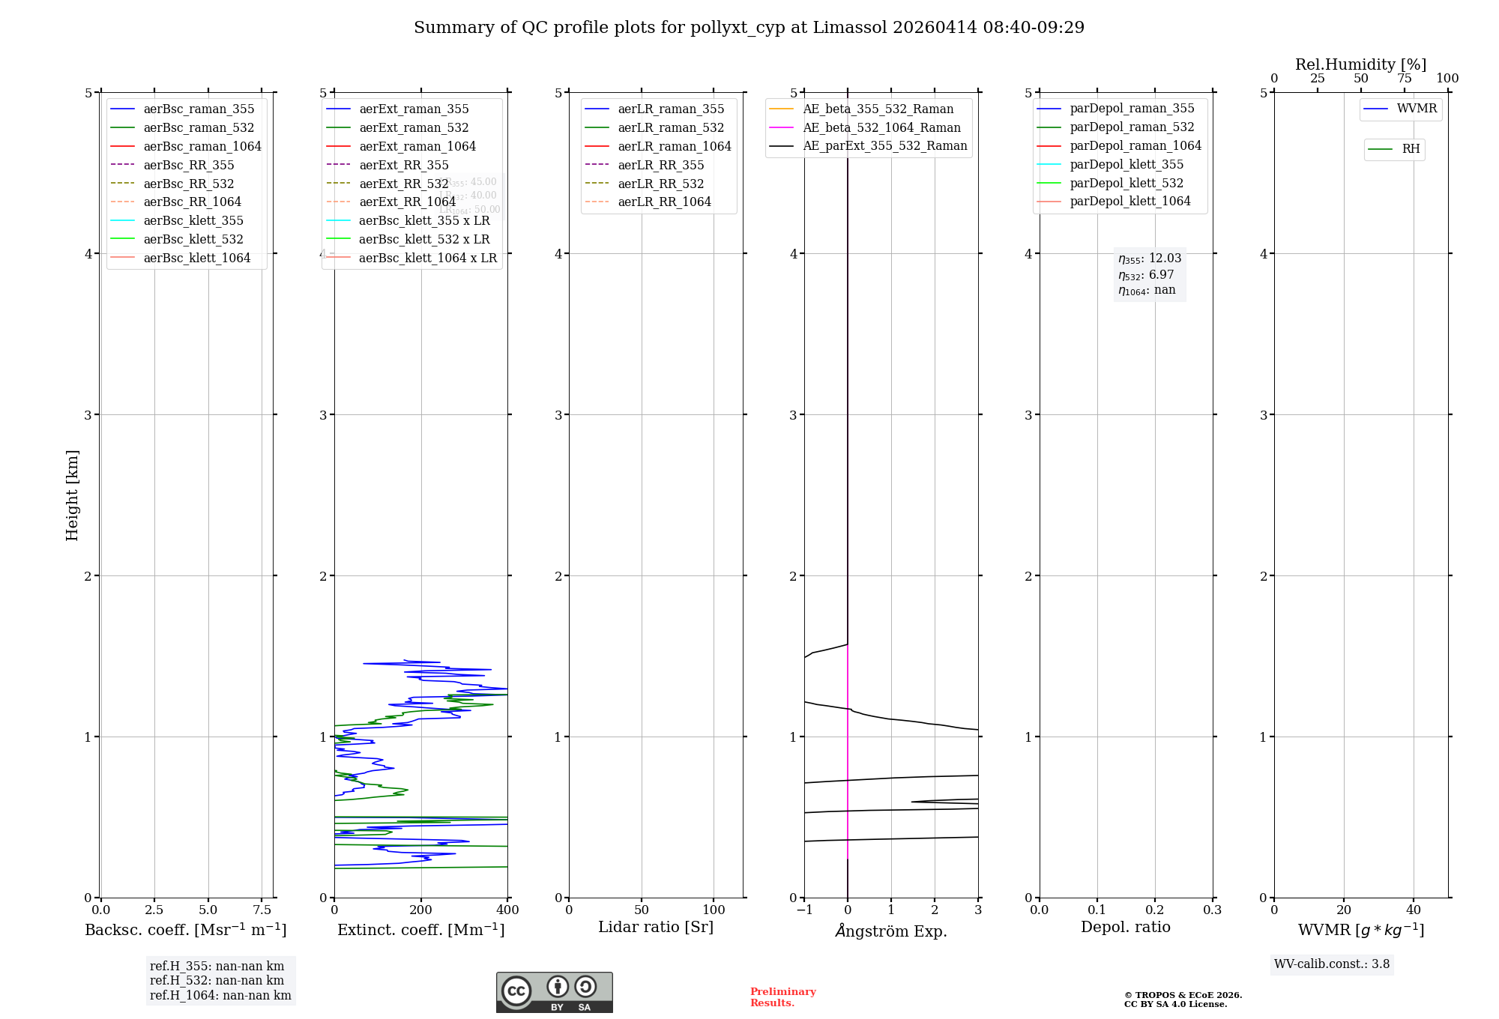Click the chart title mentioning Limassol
tap(749, 28)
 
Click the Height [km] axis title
tap(72, 495)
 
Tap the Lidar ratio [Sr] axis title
tap(656, 928)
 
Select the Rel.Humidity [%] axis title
tap(1360, 65)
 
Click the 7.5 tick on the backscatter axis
tap(262, 910)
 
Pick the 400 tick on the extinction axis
tap(507, 910)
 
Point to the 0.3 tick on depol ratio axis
tap(1212, 910)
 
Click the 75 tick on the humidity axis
tap(1404, 79)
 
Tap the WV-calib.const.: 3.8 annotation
tap(1331, 964)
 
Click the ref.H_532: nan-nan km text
tap(217, 981)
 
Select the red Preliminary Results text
tap(782, 997)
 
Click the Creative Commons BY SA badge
tap(554, 992)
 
